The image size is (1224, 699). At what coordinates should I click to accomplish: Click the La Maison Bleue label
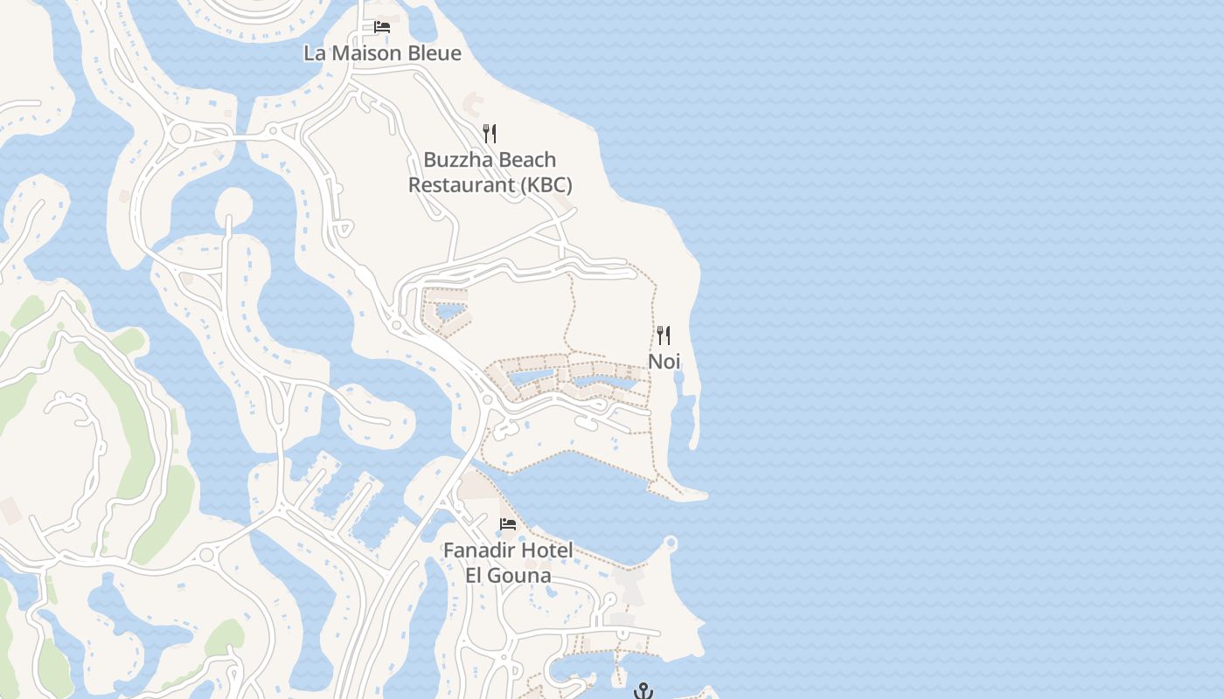click(x=382, y=53)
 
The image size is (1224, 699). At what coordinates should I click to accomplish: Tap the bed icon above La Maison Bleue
click(x=382, y=27)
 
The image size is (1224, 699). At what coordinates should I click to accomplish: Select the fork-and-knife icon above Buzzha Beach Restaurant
click(x=490, y=134)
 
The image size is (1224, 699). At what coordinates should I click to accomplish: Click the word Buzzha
click(x=455, y=160)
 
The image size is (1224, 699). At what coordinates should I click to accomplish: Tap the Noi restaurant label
click(x=664, y=361)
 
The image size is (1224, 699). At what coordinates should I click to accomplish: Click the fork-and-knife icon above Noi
click(x=664, y=335)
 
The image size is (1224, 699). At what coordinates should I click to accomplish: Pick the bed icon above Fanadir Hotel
click(x=508, y=524)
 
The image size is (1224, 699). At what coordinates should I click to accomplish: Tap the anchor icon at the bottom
click(x=643, y=691)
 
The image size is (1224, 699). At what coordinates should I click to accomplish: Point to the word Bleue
click(x=433, y=53)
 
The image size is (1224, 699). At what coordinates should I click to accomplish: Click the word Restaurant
click(x=461, y=185)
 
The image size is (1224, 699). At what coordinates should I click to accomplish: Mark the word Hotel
click(x=548, y=550)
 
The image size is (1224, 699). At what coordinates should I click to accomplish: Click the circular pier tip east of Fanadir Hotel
click(x=671, y=543)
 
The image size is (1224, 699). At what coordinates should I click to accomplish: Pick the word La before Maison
click(x=314, y=53)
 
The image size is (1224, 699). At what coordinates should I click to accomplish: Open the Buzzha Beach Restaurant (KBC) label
click(x=490, y=172)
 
